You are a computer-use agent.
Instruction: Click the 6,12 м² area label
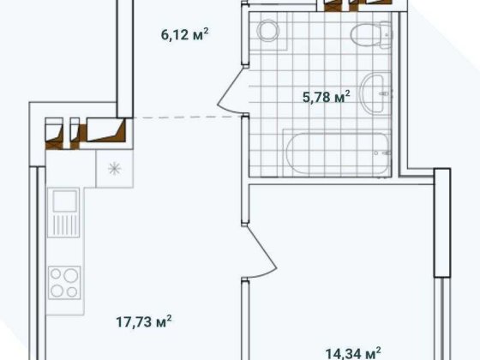[x=184, y=34]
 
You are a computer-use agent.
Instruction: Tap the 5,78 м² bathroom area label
[x=326, y=97]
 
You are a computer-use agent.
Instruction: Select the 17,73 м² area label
[x=144, y=321]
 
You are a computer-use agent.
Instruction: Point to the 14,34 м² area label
[x=353, y=353]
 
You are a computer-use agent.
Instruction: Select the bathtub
[x=339, y=153]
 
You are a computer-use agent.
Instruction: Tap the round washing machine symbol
[x=268, y=30]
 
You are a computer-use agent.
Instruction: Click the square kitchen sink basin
[x=64, y=201]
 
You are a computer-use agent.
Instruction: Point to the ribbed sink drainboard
[x=64, y=225]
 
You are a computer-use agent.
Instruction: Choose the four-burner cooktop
[x=64, y=283]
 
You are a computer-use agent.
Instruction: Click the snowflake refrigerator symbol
[x=115, y=169]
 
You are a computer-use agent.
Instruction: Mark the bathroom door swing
[x=232, y=89]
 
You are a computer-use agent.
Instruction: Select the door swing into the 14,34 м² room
[x=261, y=251]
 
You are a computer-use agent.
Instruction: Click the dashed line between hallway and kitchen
[x=188, y=117]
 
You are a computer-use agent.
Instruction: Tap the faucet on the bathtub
[x=382, y=153]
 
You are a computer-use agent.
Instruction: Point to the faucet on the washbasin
[x=385, y=93]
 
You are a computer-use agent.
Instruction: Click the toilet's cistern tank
[x=386, y=34]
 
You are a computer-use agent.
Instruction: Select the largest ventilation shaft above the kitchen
[x=105, y=129]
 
